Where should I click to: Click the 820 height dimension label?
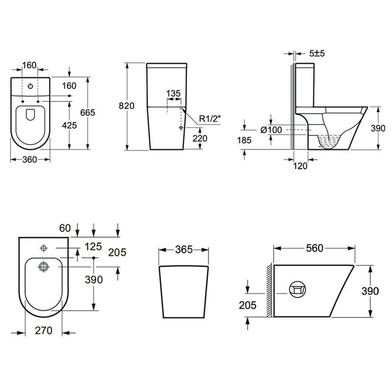pyautogui.click(x=126, y=106)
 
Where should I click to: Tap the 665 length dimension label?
pyautogui.click(x=88, y=113)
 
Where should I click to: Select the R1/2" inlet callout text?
pyautogui.click(x=210, y=119)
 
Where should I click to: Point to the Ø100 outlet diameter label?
pyautogui.click(x=271, y=130)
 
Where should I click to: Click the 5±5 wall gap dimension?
pyautogui.click(x=317, y=53)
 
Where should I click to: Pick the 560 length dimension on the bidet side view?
pyautogui.click(x=315, y=248)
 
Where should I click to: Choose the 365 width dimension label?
pyautogui.click(x=184, y=250)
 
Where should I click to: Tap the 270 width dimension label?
pyautogui.click(x=44, y=331)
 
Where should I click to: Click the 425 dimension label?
pyautogui.click(x=69, y=125)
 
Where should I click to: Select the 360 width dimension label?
pyautogui.click(x=30, y=159)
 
